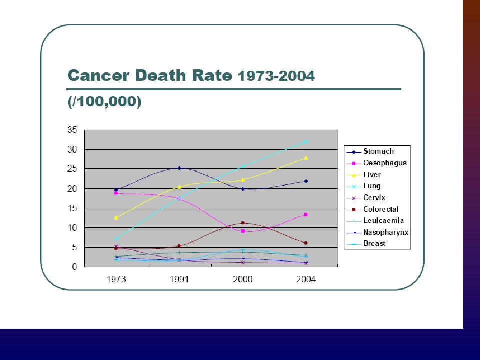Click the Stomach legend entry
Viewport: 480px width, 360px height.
tap(378, 151)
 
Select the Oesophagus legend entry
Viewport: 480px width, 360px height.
tap(385, 163)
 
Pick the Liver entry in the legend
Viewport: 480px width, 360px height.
tap(372, 175)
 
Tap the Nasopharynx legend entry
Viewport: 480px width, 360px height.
tap(386, 232)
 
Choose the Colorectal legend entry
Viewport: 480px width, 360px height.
tap(381, 209)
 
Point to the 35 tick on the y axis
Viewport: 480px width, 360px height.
tap(72, 130)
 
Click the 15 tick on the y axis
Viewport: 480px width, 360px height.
tap(72, 208)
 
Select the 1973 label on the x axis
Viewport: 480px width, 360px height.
tap(116, 279)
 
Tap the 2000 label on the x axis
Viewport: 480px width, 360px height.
tap(243, 279)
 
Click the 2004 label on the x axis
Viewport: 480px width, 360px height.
tap(306, 279)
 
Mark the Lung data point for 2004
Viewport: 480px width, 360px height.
tap(306, 142)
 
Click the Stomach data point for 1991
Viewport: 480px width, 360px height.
tap(179, 168)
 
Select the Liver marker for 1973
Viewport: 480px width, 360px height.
tap(116, 218)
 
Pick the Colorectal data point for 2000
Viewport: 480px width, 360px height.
tap(243, 223)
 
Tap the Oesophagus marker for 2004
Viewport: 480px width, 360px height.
tap(306, 214)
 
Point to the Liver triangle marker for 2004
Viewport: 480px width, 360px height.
tap(306, 157)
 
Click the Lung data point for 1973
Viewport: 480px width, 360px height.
tap(116, 239)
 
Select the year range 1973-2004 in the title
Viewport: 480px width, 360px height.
tap(276, 76)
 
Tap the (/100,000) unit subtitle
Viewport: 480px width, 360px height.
tap(104, 101)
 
